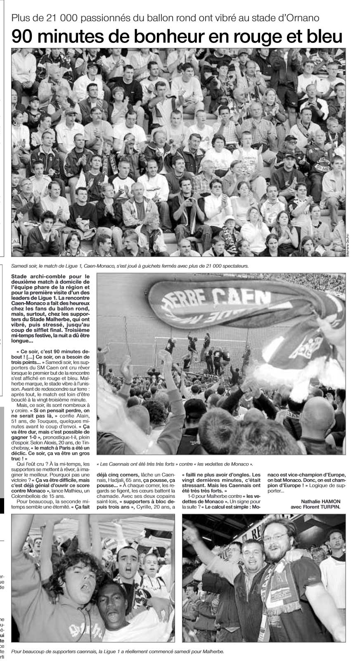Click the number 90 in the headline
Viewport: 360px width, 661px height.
24,37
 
